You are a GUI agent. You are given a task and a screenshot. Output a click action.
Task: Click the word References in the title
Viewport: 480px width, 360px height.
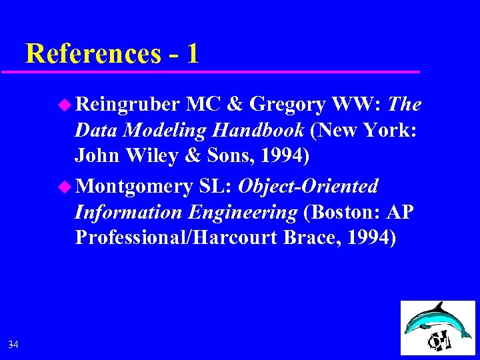click(x=93, y=53)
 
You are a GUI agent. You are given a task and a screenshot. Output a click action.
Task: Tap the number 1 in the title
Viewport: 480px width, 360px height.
click(x=193, y=53)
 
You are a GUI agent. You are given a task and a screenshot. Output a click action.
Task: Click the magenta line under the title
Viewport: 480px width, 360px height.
click(x=220, y=71)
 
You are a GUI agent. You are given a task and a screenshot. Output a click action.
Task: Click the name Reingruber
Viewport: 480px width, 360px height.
click(x=127, y=105)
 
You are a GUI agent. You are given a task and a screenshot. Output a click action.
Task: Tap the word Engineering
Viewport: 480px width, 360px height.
click(x=243, y=213)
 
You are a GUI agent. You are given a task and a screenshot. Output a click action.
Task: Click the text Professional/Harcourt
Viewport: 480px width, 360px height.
click(x=177, y=238)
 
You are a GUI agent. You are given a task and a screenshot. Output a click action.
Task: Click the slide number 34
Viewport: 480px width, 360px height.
click(x=13, y=344)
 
